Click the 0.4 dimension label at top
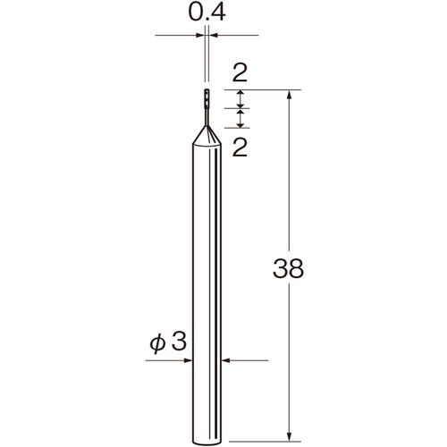tap(207, 13)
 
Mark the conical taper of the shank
tap(207, 133)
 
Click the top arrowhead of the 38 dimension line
tap(289, 94)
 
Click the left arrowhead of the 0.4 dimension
tap(201, 36)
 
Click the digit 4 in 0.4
tap(220, 13)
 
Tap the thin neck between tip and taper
tap(207, 115)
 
